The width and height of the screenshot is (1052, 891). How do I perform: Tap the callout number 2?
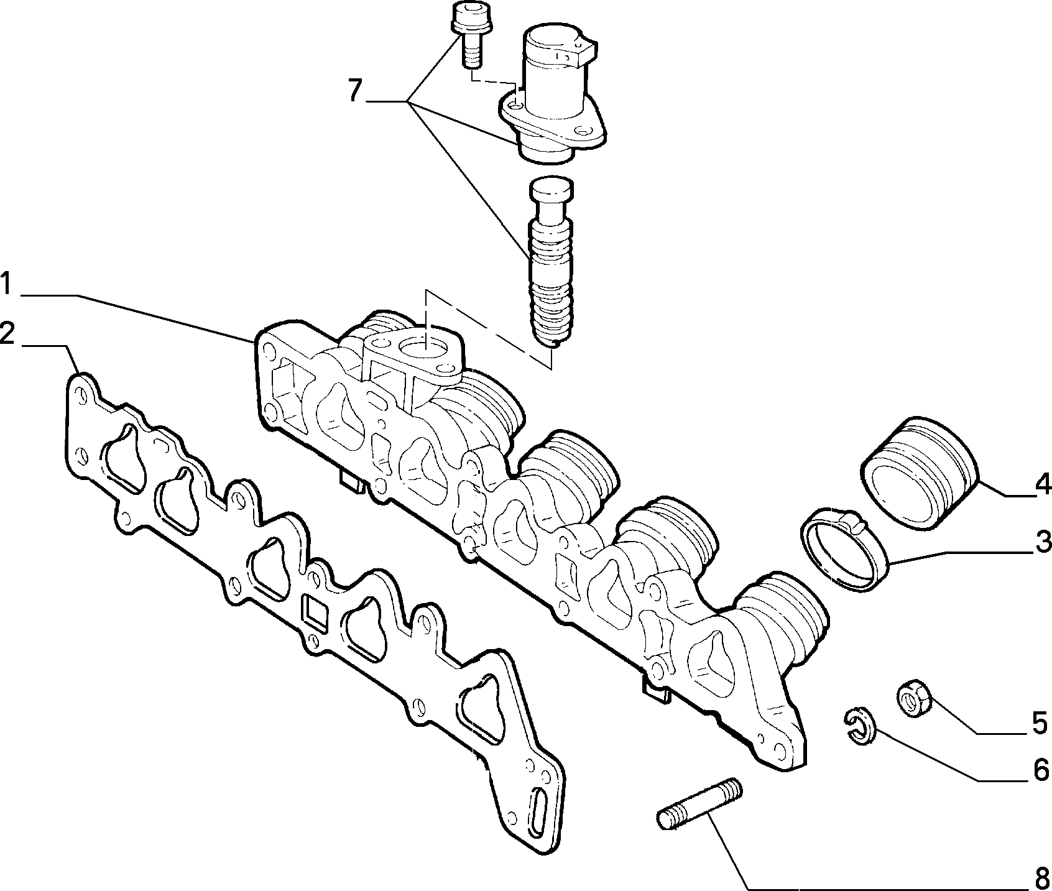pyautogui.click(x=7, y=334)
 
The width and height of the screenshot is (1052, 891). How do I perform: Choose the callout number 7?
pyautogui.click(x=355, y=91)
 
